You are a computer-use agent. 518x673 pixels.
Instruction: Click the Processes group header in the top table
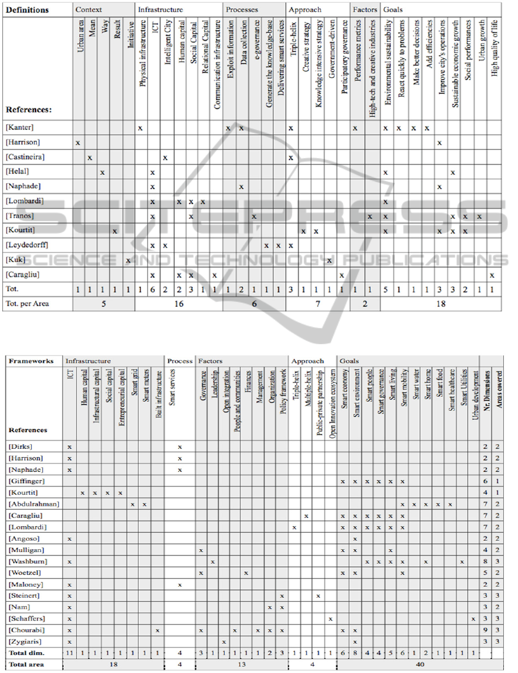point(241,10)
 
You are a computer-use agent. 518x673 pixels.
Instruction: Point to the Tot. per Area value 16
point(178,303)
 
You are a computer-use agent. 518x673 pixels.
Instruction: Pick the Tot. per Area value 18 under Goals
point(441,303)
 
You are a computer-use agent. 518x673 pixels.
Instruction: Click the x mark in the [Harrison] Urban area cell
point(78,142)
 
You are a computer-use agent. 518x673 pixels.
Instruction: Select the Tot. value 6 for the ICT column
point(153,289)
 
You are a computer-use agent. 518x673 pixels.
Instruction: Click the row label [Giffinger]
point(27,481)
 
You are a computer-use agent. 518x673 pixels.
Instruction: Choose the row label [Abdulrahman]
point(33,504)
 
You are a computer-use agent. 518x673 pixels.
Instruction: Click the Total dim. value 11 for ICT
point(69,654)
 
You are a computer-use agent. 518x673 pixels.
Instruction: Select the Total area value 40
point(419,665)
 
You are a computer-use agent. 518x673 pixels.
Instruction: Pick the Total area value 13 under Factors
point(241,665)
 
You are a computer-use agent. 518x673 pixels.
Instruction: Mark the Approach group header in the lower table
point(308,361)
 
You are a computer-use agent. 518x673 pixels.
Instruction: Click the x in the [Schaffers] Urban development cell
point(473,619)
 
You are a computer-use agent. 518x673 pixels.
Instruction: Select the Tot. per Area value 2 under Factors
point(365,303)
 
